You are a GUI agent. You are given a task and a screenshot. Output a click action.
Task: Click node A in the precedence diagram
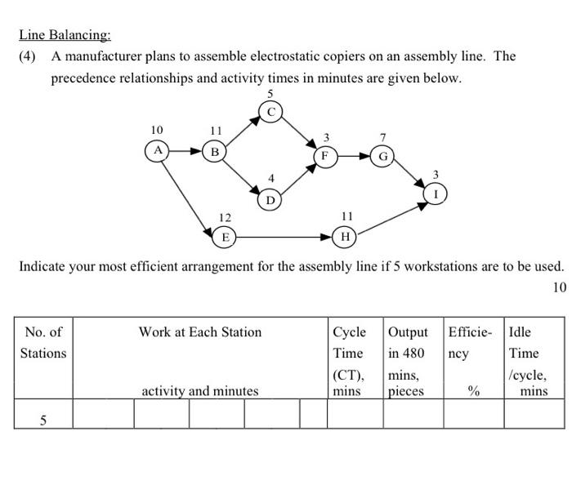click(157, 150)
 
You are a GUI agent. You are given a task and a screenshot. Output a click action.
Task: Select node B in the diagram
click(215, 151)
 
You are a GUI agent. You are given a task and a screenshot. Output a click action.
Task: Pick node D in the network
click(270, 198)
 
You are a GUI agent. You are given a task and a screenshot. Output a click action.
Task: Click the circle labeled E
click(225, 237)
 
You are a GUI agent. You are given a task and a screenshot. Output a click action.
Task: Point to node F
click(324, 155)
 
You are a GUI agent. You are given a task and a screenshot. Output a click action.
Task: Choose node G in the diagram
click(382, 156)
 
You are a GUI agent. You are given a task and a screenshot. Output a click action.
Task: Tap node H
click(346, 237)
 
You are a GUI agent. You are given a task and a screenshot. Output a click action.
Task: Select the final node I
click(436, 194)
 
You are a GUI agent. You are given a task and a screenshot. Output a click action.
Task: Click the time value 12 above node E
click(225, 217)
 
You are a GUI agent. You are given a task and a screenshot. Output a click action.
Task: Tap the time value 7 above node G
click(382, 136)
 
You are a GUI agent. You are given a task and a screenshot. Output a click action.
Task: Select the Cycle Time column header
click(349, 354)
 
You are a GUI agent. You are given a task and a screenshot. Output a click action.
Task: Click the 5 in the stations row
click(43, 420)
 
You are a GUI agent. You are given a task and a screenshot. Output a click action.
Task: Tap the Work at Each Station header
click(200, 332)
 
